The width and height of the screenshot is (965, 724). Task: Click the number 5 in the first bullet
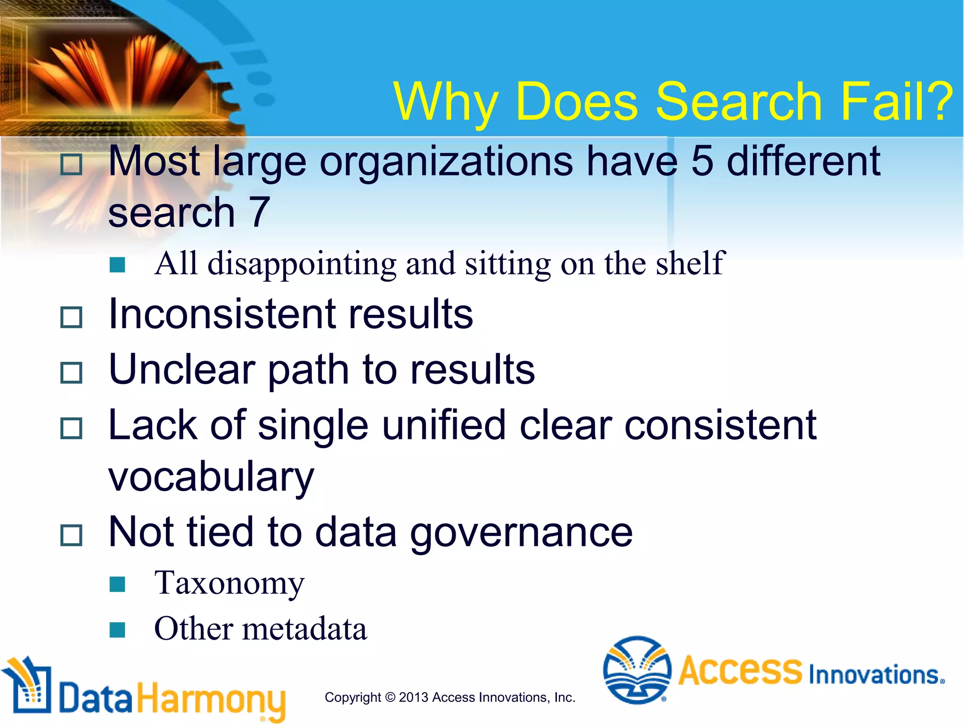pos(702,162)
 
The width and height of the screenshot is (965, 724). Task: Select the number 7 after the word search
pos(259,213)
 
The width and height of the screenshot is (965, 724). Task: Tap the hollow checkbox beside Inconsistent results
pos(72,317)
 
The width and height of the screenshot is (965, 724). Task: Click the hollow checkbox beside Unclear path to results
pos(72,372)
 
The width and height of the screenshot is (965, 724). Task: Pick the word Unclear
pos(182,370)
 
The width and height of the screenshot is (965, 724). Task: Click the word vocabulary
pos(211,477)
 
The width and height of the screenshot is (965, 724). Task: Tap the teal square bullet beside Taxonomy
pos(117,584)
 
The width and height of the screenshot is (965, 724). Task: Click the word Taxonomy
pos(229,584)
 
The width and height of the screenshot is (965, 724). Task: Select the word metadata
pos(304,629)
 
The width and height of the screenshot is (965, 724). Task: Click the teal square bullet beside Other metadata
pos(117,630)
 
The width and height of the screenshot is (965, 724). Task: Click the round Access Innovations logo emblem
pos(637,669)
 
